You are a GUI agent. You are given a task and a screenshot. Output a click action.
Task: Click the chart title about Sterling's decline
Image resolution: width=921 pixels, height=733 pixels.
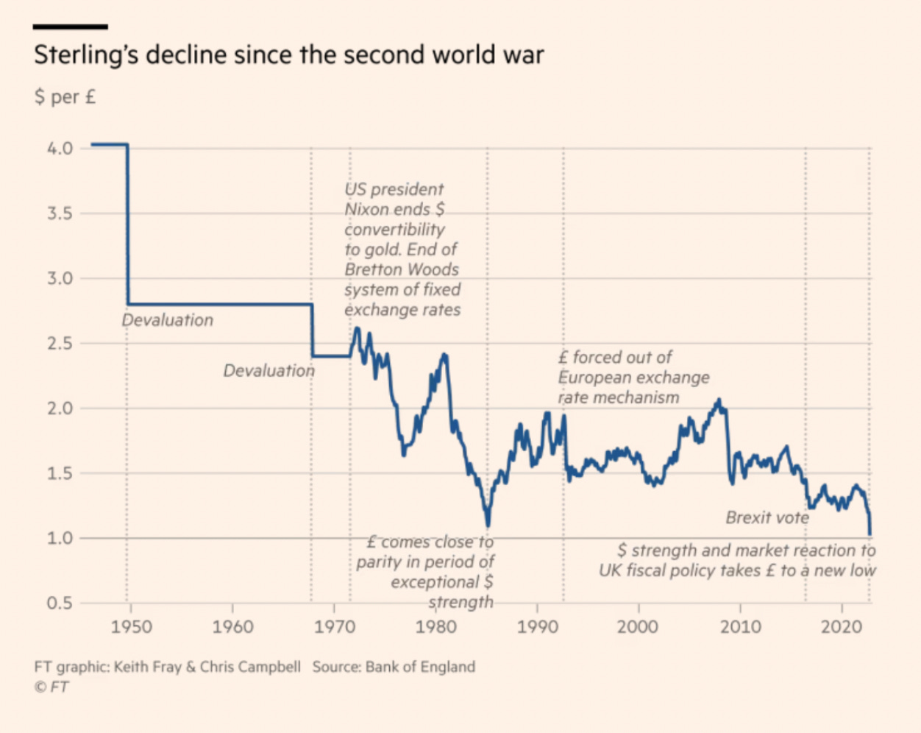[x=288, y=55]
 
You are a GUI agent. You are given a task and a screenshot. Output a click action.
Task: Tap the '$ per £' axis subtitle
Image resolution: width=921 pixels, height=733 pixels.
[x=65, y=97]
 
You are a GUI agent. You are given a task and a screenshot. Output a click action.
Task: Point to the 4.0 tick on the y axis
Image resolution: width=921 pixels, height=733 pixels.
[x=60, y=148]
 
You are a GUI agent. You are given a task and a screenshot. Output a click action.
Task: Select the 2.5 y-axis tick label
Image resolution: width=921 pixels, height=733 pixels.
[x=60, y=343]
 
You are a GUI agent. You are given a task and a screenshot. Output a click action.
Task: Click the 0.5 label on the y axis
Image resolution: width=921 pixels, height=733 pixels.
[x=60, y=603]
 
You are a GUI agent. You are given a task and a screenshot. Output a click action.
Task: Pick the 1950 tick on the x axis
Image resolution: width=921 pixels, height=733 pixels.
[x=131, y=627]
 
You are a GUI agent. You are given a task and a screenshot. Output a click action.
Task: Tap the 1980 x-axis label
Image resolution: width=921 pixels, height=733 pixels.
[x=435, y=627]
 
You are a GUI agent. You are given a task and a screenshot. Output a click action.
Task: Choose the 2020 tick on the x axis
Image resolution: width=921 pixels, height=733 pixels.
[x=842, y=627]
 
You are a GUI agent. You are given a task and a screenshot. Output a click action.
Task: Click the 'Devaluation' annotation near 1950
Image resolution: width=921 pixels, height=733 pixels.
[x=168, y=320]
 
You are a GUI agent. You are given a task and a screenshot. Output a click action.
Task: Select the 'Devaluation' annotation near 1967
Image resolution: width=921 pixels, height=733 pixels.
[x=269, y=370]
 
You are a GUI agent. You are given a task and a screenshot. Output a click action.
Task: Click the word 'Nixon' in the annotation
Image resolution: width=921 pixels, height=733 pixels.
[x=367, y=210]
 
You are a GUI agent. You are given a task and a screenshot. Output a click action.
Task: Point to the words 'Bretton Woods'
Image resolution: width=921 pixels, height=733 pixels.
[x=402, y=269]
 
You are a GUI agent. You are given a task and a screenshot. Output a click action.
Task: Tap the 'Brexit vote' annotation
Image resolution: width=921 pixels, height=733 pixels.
[x=767, y=517]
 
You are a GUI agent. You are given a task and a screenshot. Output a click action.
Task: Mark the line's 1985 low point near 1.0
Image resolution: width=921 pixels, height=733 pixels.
[x=488, y=525]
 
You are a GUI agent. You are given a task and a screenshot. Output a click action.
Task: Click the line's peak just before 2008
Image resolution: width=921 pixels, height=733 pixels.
[x=719, y=400]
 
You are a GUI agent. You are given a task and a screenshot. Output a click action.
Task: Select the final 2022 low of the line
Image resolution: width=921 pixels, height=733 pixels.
[x=870, y=534]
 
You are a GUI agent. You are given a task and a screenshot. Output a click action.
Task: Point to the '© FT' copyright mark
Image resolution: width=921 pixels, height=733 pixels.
[x=51, y=687]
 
